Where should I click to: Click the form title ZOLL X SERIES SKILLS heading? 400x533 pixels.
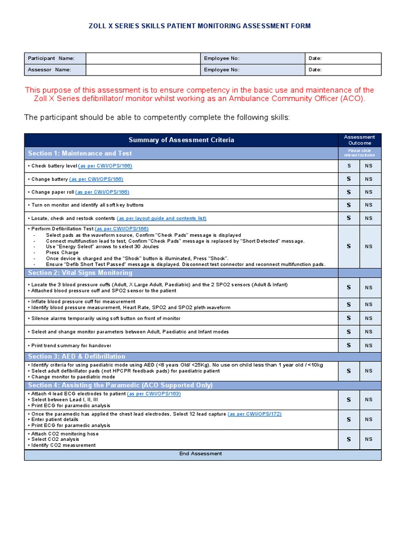click(199, 26)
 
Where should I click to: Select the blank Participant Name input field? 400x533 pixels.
click(143, 58)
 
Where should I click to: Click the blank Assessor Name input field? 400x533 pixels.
click(143, 70)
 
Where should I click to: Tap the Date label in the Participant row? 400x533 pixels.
click(315, 58)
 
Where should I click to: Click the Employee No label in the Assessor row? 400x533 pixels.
click(221, 70)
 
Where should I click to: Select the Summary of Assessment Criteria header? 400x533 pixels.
click(181, 140)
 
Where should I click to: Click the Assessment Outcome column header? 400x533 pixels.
click(359, 140)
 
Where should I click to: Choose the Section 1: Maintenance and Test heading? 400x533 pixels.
click(80, 154)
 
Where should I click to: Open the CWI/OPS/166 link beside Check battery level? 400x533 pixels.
click(105, 166)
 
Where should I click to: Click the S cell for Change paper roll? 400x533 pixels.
click(348, 192)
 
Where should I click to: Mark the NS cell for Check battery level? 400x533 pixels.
click(369, 166)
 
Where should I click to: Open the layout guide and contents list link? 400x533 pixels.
click(161, 218)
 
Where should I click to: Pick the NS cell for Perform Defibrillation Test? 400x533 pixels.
click(369, 247)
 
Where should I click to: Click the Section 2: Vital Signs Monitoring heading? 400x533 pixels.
click(80, 273)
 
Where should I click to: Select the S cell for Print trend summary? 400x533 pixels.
click(348, 345)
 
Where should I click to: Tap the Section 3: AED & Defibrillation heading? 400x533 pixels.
click(77, 357)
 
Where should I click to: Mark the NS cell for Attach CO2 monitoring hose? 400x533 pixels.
click(369, 439)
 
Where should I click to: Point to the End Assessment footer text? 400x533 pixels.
click(201, 454)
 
